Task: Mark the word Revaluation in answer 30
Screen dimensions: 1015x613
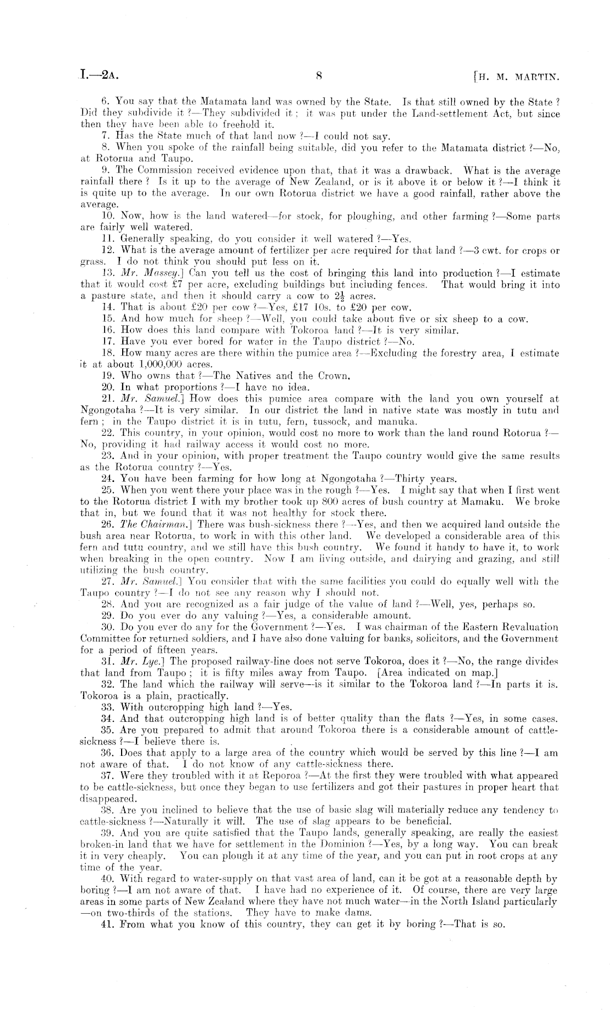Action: coord(525,627)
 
